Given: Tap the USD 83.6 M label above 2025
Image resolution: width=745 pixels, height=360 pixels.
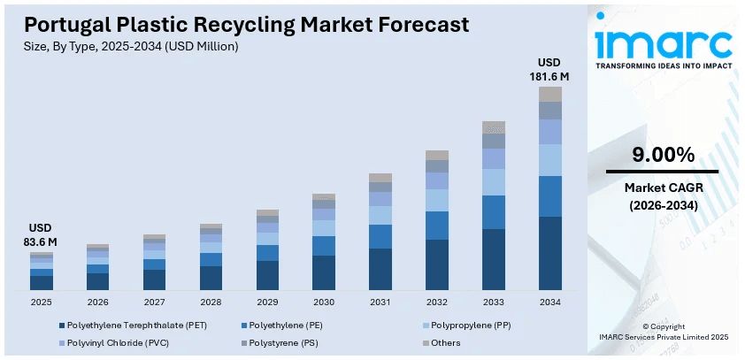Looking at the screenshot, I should [x=41, y=234].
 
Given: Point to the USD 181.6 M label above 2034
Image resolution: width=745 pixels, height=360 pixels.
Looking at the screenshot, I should [x=549, y=69].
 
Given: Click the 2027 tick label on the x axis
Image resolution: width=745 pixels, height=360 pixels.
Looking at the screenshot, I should [x=154, y=302].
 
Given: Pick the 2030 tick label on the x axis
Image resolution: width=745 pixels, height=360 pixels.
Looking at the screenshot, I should [x=324, y=302].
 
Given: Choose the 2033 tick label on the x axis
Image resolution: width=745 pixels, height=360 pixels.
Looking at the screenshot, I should [x=493, y=302].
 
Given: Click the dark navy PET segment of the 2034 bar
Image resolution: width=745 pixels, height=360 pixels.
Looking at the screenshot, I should [x=549, y=253].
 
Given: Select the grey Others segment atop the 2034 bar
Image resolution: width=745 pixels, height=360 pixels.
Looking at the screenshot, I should [x=549, y=94].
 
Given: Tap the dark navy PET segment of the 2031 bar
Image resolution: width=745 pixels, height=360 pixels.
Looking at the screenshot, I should [x=380, y=269].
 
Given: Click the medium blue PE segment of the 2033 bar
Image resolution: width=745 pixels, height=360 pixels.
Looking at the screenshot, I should [x=493, y=212].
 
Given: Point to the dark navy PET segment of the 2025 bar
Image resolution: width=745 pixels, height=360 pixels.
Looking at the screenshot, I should [x=42, y=282].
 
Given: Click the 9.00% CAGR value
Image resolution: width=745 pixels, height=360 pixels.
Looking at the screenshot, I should [x=662, y=156].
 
